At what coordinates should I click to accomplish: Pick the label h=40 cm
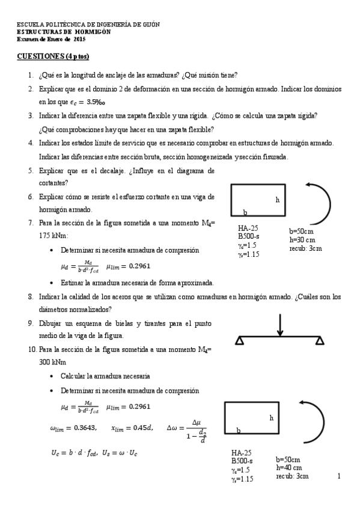(289, 467)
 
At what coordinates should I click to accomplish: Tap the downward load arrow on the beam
(280, 325)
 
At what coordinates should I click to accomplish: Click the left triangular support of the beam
(240, 341)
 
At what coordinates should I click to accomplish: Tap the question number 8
(30, 296)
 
